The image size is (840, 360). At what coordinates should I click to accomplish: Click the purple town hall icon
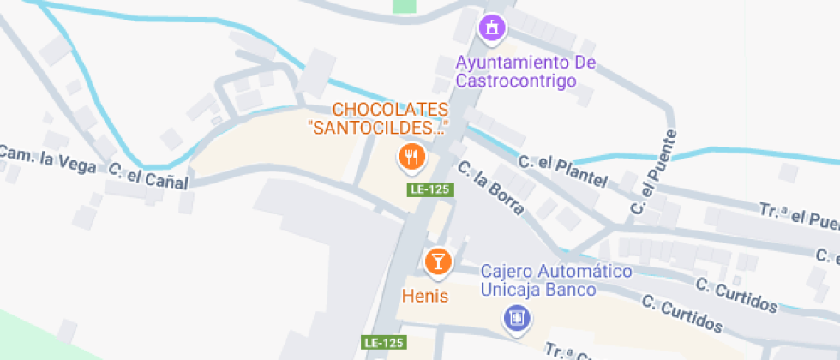pos(492,28)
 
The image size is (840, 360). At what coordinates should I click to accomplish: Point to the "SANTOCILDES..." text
pos(378,129)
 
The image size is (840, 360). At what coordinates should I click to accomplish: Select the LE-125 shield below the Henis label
pos(383,342)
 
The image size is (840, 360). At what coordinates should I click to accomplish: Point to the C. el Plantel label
pos(562,171)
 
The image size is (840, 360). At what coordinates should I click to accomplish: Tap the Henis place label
pos(426,294)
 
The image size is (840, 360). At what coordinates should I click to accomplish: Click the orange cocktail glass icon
pos(437,261)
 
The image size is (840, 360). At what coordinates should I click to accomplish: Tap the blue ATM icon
pos(517,319)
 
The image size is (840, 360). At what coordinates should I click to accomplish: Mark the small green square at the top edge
pos(404,5)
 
